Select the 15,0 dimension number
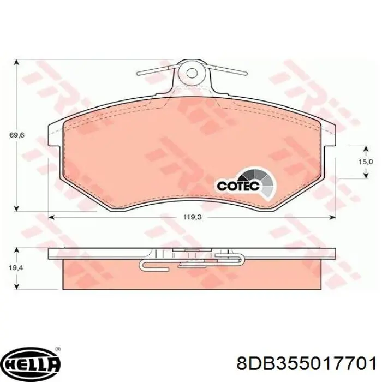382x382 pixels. (365, 162)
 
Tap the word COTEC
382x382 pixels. (236, 186)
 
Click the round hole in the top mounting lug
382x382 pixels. (191, 73)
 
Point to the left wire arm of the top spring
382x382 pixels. (156, 70)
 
